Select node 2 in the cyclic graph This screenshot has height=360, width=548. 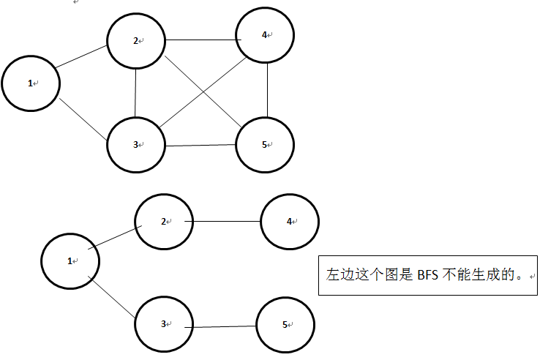136,41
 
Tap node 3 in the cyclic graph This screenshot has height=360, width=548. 136,144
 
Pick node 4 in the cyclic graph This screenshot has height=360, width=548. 265,35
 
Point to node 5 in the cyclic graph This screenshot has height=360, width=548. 265,144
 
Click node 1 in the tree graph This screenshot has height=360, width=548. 70,260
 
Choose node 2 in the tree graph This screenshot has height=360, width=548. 164,221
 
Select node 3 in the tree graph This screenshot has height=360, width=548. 164,323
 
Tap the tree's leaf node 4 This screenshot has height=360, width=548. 290,221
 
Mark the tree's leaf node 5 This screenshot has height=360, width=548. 285,325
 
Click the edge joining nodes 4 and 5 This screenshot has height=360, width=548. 267,89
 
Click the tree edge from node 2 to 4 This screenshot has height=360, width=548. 227,221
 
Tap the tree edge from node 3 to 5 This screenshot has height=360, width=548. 224,326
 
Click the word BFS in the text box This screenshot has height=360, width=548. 427,276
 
